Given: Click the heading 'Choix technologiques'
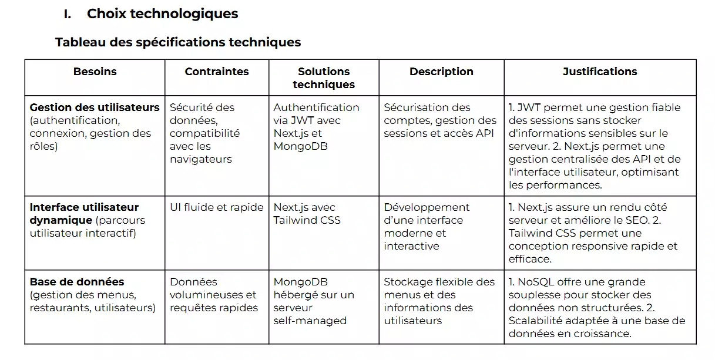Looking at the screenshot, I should coord(162,14).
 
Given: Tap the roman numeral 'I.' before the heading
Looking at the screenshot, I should coord(68,14).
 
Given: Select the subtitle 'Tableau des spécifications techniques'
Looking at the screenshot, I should coord(178,42).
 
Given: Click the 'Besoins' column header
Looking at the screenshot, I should coord(95,72).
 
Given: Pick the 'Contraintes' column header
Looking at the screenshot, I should coord(217,72).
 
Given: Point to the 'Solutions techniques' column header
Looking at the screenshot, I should coord(324,78).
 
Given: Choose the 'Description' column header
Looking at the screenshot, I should coord(441,72).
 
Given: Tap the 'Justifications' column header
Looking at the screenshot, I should coord(600,72).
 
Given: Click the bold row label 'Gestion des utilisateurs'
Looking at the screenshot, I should coord(95,107).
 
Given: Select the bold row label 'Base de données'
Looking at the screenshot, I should coord(77,282).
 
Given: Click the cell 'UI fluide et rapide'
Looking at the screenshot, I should coord(217,207).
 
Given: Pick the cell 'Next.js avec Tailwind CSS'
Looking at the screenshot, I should coord(307,214).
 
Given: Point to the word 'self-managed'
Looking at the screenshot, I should coord(310,321).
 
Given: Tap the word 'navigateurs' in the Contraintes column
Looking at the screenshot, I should coord(201,159).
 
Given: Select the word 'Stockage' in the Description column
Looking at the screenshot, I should coord(408,282).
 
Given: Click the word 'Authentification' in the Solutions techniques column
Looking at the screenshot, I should coord(316,107).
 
